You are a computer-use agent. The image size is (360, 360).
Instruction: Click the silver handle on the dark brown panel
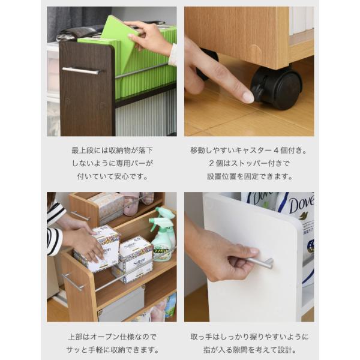point(80,70)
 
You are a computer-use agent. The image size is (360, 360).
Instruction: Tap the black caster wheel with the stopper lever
point(276,88)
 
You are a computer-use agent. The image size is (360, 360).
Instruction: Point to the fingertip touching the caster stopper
point(247,97)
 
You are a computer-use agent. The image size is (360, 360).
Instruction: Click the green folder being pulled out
point(119,44)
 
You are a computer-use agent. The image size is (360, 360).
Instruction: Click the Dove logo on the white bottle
point(301,205)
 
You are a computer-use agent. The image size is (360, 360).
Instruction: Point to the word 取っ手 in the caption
point(201,337)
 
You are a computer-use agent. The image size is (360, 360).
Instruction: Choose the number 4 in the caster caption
point(276,151)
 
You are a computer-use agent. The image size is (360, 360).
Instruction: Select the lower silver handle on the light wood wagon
point(73,282)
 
